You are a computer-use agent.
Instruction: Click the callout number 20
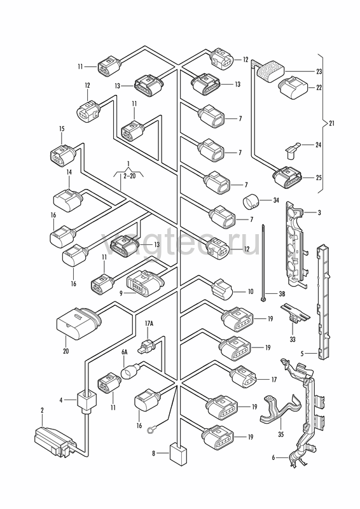[66, 351]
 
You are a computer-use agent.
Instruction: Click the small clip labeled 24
[292, 150]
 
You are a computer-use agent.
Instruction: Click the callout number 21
[331, 123]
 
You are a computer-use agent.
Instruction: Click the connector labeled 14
[68, 200]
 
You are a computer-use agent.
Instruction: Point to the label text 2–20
[130, 176]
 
